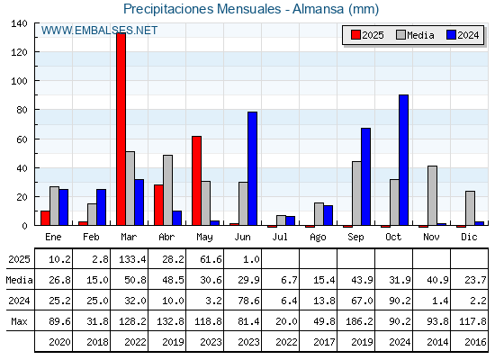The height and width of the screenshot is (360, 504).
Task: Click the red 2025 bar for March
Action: tap(121, 129)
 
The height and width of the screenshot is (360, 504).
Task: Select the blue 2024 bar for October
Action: tap(404, 160)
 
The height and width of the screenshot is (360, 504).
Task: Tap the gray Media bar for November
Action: tap(432, 195)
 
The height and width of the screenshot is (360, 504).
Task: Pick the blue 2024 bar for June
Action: tap(252, 168)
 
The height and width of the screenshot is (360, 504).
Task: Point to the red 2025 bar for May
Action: tap(197, 181)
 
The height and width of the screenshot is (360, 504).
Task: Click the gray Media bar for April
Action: tap(167, 190)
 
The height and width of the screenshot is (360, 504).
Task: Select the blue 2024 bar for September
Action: tap(365, 176)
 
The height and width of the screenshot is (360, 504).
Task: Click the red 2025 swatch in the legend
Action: tap(355, 35)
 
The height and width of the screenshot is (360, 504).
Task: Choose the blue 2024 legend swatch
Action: tap(451, 35)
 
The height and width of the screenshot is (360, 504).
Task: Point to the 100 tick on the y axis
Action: tap(19, 81)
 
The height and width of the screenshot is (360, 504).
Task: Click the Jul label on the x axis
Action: tap(280, 237)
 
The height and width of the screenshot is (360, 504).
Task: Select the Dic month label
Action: tap(469, 237)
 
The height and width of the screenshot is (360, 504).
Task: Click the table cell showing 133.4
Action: tap(132, 259)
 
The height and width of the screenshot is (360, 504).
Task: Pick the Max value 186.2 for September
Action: tap(359, 321)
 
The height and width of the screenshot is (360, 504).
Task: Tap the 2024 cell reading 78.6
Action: tap(248, 301)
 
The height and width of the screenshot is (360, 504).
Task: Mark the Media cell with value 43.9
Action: tap(362, 280)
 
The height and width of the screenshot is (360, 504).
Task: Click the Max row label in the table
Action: tap(19, 321)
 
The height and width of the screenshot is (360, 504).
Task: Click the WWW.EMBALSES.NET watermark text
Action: tap(99, 31)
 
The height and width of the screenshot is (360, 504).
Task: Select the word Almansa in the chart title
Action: tap(318, 9)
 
